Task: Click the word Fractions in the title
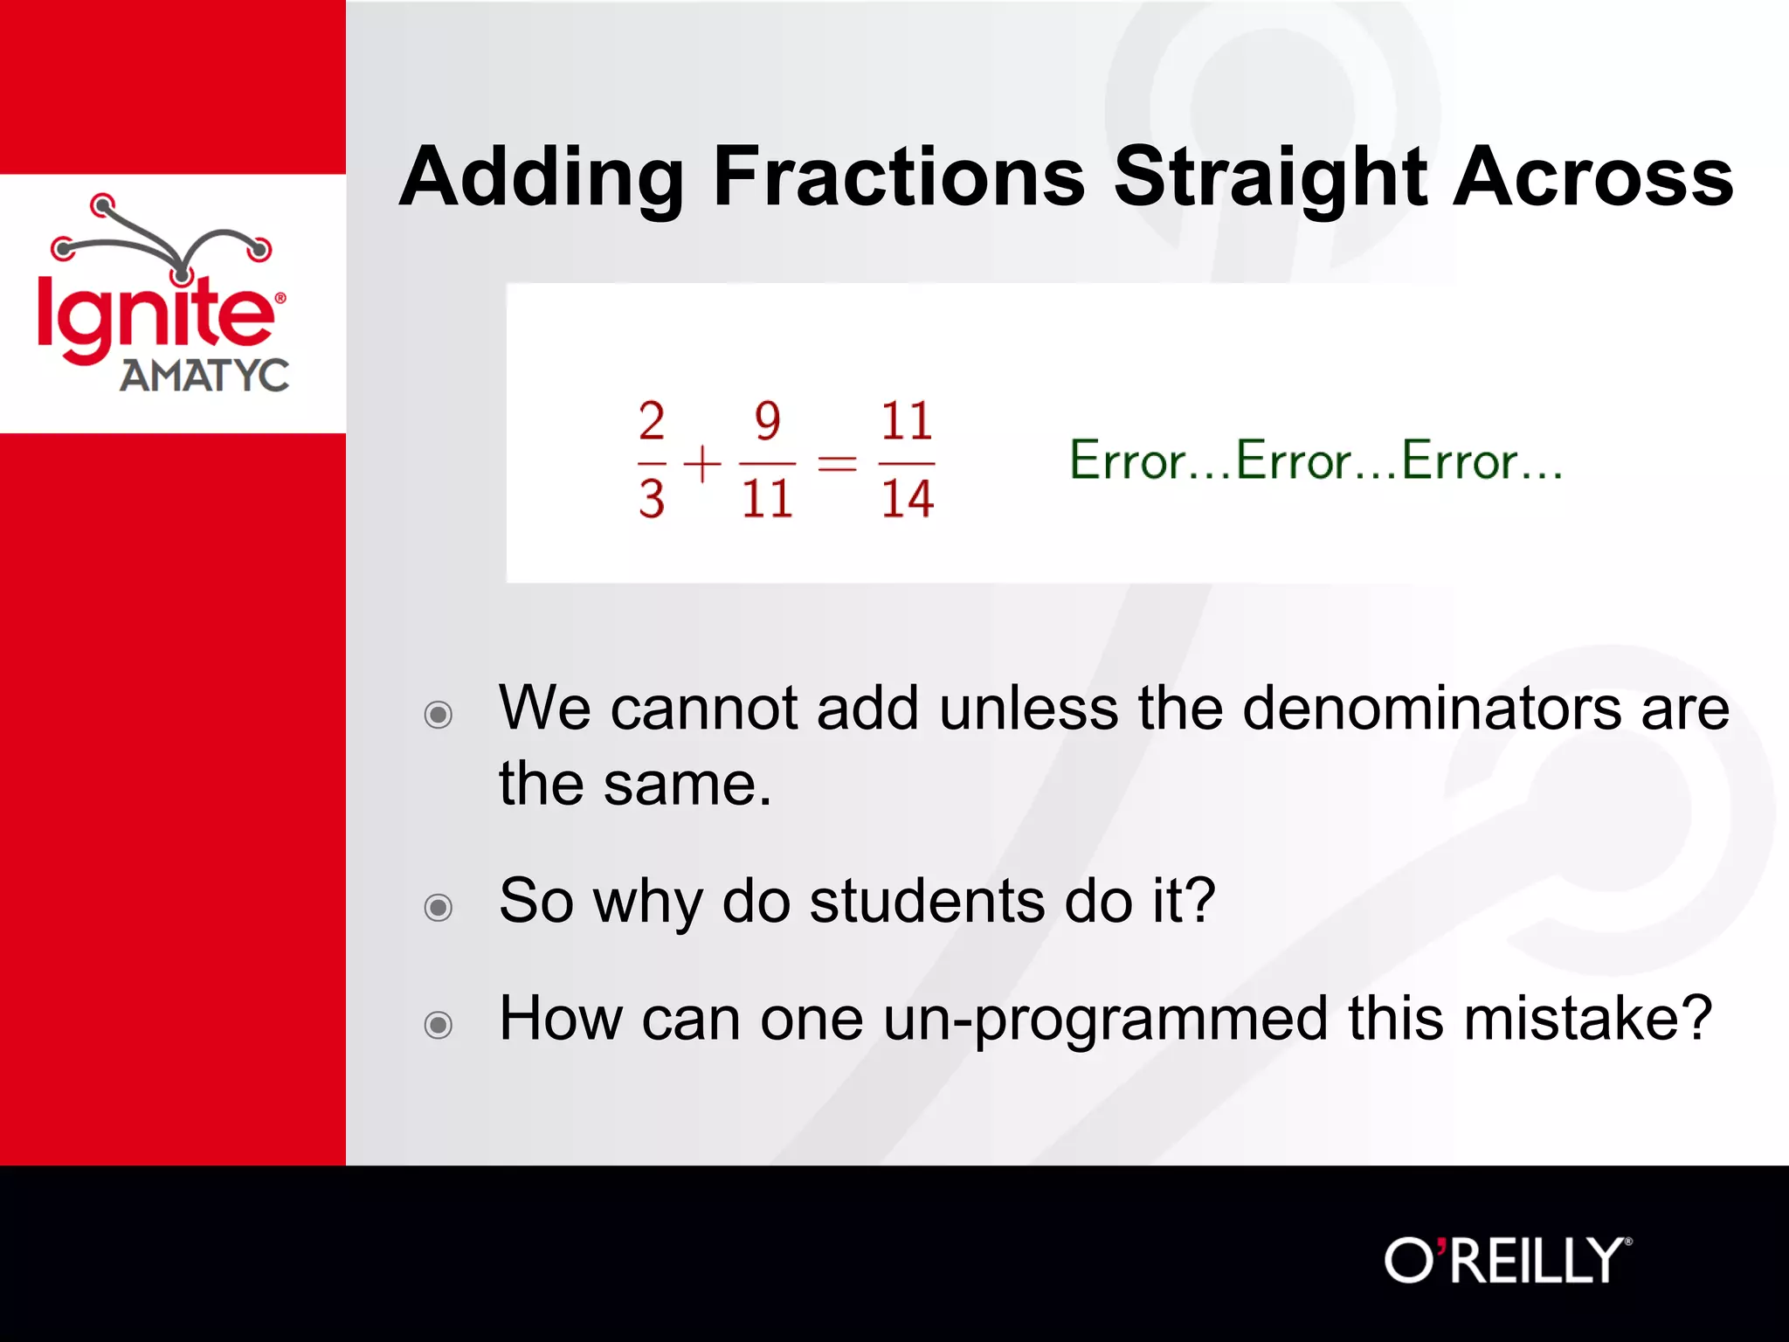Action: [899, 177]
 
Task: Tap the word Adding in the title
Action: [541, 177]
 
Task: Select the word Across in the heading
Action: [1592, 177]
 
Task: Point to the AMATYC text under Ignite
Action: [204, 376]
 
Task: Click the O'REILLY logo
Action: [1507, 1261]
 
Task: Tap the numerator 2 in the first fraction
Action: [652, 421]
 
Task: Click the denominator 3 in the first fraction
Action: [652, 499]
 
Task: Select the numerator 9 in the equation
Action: [767, 421]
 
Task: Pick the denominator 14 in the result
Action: [907, 499]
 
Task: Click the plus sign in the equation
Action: [701, 463]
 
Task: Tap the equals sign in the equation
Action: [837, 463]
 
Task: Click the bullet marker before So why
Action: [438, 908]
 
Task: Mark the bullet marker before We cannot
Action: [438, 715]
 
